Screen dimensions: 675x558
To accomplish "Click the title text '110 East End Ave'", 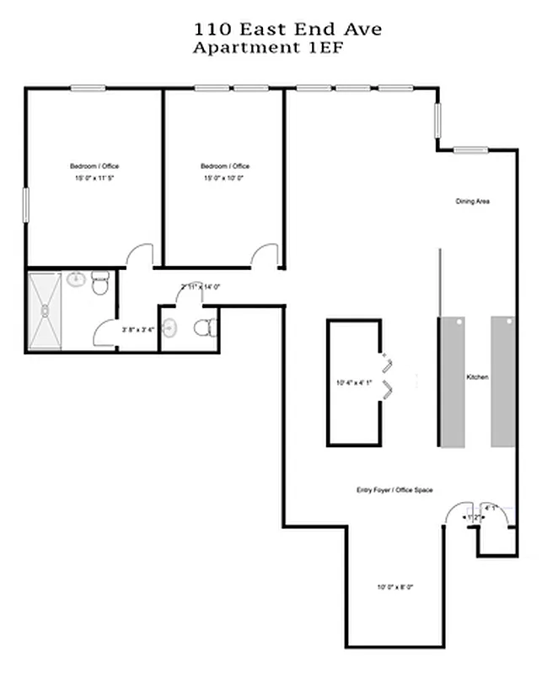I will coord(287,29).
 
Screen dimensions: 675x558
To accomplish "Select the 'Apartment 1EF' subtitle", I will coord(269,47).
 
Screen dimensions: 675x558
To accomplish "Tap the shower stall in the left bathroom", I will coord(44,310).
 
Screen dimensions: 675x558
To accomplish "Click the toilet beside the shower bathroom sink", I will coord(101,283).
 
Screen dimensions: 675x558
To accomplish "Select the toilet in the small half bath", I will coord(202,327).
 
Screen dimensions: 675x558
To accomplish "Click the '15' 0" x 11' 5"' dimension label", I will coord(93,179).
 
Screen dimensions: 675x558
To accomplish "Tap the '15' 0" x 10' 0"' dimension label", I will coord(224,179).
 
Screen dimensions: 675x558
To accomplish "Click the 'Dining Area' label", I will coord(473,202).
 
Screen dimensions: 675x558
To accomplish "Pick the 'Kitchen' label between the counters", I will coord(477,377).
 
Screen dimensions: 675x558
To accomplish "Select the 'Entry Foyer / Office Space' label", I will coord(394,490).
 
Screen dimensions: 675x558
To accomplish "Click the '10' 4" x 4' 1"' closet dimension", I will coord(352,384).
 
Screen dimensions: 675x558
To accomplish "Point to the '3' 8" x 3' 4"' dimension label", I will coord(138,329).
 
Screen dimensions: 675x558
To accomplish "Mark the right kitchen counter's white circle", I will coord(508,321).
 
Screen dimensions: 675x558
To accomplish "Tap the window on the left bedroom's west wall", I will coord(26,205).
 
